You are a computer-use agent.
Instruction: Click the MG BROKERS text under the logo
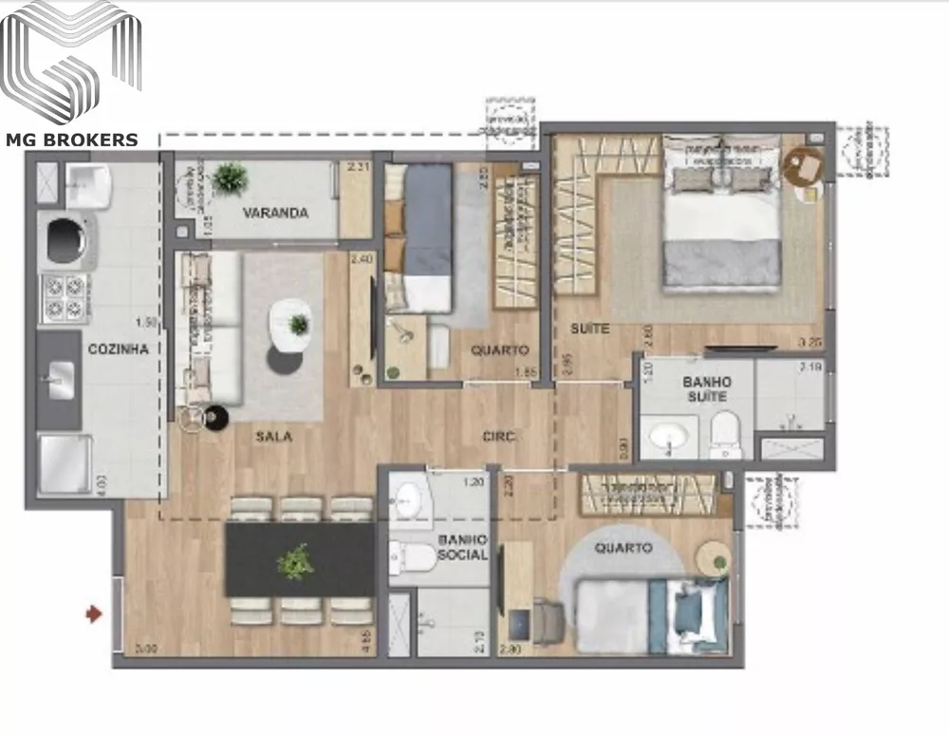tap(72, 141)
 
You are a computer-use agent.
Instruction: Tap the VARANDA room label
tap(275, 213)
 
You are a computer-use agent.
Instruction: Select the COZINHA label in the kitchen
tap(118, 349)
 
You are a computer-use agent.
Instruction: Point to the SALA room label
tap(273, 437)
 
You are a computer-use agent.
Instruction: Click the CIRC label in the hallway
tap(498, 437)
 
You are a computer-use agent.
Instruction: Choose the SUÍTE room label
tap(589, 329)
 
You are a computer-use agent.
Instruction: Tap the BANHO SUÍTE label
tap(705, 389)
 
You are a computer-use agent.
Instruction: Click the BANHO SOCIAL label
tap(462, 546)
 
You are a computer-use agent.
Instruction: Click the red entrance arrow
tap(93, 614)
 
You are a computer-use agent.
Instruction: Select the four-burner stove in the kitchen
tap(64, 296)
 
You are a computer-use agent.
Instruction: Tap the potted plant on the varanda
tap(230, 178)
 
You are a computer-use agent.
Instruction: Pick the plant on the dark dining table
tap(295, 561)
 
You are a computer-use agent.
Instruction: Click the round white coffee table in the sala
tap(290, 326)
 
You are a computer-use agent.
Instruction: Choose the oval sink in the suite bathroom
tap(669, 437)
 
